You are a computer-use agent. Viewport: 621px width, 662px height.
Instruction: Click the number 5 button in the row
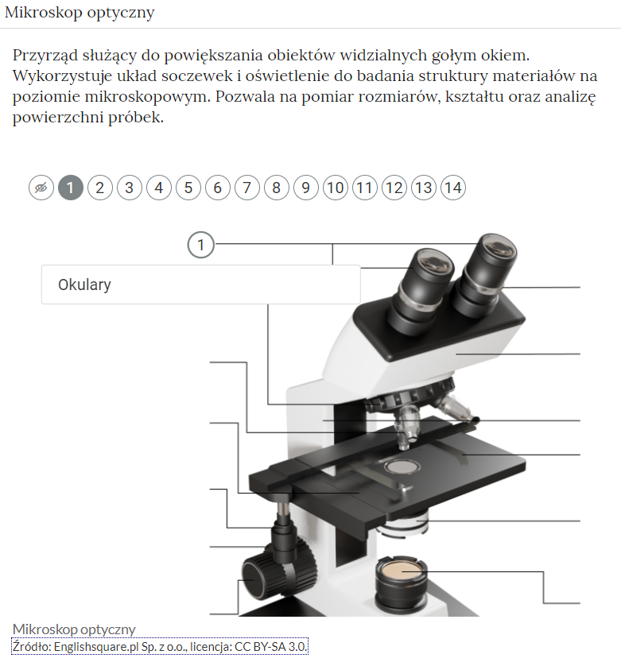pyautogui.click(x=188, y=188)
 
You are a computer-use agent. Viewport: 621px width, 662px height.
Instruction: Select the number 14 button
pyautogui.click(x=453, y=188)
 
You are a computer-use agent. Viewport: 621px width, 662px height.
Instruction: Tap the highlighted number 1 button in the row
pyautogui.click(x=71, y=188)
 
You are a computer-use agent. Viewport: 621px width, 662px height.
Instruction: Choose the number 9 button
pyautogui.click(x=306, y=188)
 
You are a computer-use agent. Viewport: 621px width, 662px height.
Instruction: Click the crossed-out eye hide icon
pyautogui.click(x=41, y=188)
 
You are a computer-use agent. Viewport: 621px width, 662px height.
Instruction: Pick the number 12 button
pyautogui.click(x=394, y=188)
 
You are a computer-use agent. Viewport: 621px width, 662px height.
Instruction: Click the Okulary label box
pyautogui.click(x=200, y=285)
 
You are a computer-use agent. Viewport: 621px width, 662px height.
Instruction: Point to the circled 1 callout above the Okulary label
pyautogui.click(x=201, y=245)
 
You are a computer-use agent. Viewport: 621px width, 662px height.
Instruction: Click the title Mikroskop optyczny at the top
pyautogui.click(x=80, y=13)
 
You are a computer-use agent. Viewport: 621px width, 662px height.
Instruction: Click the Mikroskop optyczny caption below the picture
pyautogui.click(x=74, y=629)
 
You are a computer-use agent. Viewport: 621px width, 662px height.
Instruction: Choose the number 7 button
pyautogui.click(x=247, y=188)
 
